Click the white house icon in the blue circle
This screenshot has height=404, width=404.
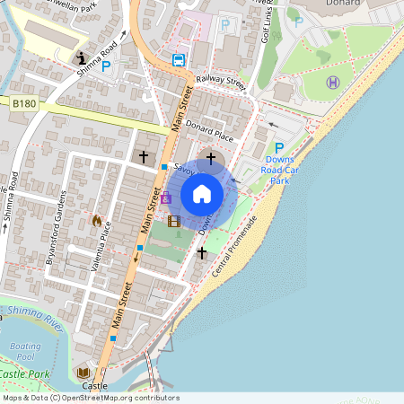coord(202,193)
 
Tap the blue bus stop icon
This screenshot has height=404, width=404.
coord(179,61)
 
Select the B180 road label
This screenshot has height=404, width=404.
coord(24,105)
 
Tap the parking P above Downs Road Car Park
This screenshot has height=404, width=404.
coord(279,148)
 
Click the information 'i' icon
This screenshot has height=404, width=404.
coord(82,58)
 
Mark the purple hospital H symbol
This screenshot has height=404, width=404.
coord(332,83)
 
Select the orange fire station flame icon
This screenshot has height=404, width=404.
coord(97,220)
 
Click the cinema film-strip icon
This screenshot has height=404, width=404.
coord(173,221)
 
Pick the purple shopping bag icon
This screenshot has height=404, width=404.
coord(165,198)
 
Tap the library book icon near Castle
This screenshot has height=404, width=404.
coord(83,373)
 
